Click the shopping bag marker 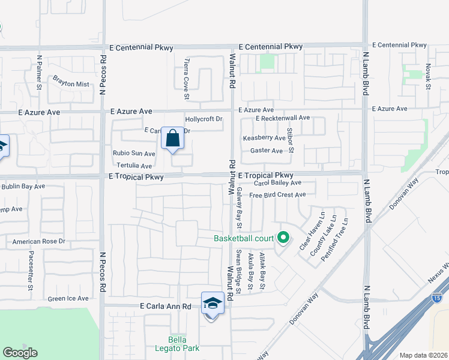tap(172, 139)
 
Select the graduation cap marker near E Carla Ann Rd tap(212, 303)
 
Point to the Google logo tap(20, 352)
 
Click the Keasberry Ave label tap(264, 138)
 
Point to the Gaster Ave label tap(266, 151)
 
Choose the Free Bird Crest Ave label tap(277, 194)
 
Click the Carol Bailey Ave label tap(277, 182)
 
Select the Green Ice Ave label tap(68, 298)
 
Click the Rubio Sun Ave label tap(134, 154)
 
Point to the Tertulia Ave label tap(134, 165)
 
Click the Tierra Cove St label tap(187, 79)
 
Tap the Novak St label tap(428, 77)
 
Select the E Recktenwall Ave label tap(282, 118)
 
